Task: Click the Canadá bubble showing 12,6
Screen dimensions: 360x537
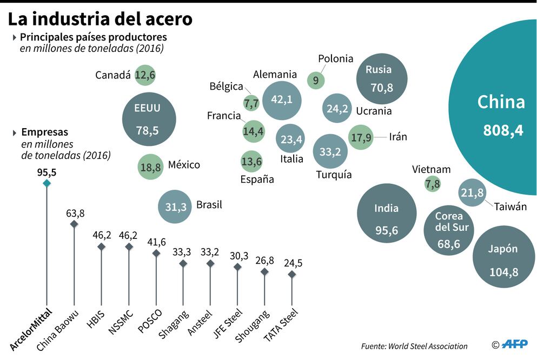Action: [145, 75]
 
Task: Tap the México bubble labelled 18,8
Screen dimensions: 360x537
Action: [151, 167]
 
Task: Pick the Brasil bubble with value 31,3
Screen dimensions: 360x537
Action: [175, 206]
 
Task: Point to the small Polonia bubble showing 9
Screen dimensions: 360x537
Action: [316, 81]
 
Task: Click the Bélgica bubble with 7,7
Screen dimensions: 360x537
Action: [251, 102]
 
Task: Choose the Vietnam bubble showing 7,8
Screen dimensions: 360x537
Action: [433, 184]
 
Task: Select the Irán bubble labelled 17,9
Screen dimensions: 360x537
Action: [361, 137]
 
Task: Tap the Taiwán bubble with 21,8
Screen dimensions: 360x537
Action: [472, 192]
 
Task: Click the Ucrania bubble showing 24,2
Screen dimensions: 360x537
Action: [337, 108]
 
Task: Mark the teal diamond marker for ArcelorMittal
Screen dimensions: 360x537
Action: [47, 184]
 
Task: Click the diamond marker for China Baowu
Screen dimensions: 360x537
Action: [74, 224]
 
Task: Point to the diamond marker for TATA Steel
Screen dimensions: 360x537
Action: [292, 275]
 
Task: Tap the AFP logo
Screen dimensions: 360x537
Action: [515, 344]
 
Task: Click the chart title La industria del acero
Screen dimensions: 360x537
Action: [100, 19]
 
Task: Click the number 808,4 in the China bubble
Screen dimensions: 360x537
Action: [503, 130]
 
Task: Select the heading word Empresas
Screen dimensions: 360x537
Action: [44, 132]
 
